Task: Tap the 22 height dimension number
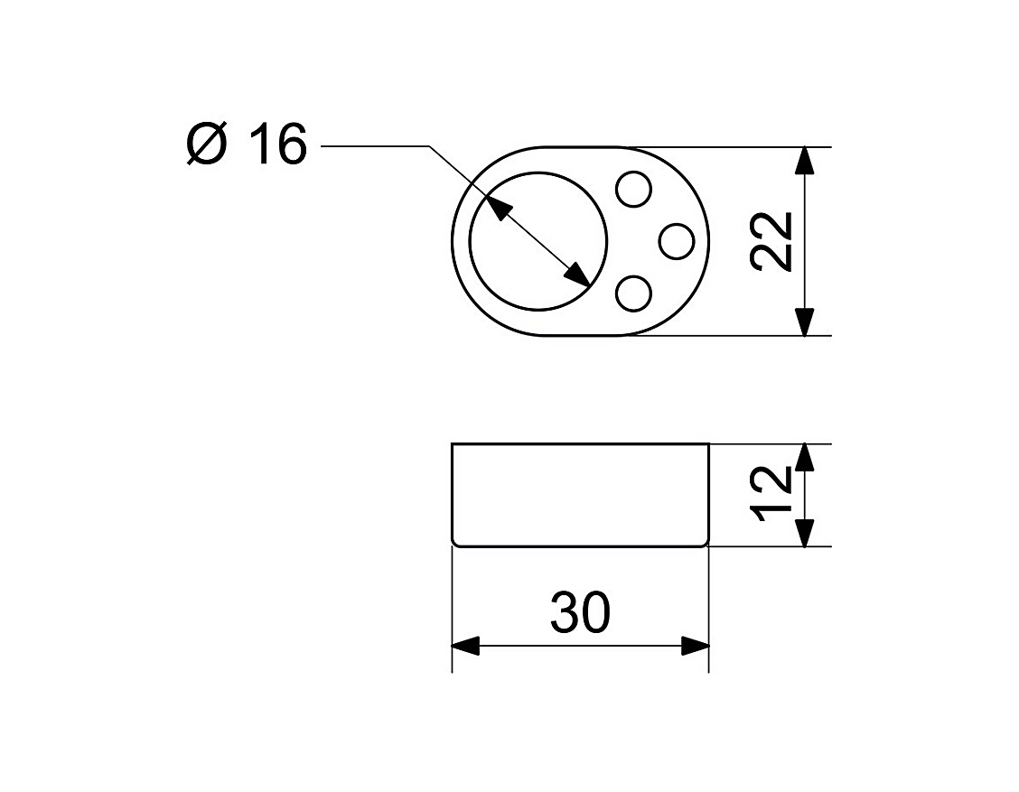click(772, 241)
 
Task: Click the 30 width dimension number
click(580, 612)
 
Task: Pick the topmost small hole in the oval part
click(633, 189)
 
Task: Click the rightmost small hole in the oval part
click(677, 242)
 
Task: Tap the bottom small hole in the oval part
click(633, 294)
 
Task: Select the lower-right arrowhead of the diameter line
click(577, 274)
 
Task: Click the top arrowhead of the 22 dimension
click(805, 161)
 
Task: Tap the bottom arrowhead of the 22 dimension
click(805, 321)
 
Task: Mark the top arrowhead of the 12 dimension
click(805, 457)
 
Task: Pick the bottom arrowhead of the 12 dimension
click(805, 533)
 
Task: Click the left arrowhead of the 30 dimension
click(465, 646)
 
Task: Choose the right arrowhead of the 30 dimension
click(695, 646)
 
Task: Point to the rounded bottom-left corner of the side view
click(454, 544)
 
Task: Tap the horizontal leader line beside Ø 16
click(375, 146)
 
